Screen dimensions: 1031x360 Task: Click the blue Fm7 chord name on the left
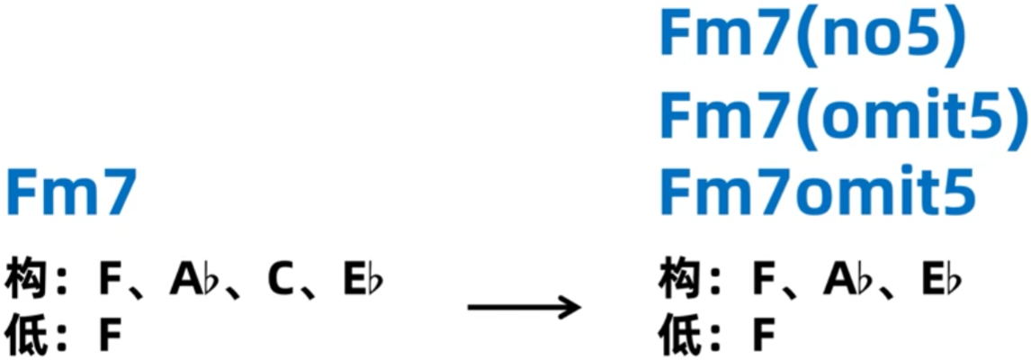click(71, 194)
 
